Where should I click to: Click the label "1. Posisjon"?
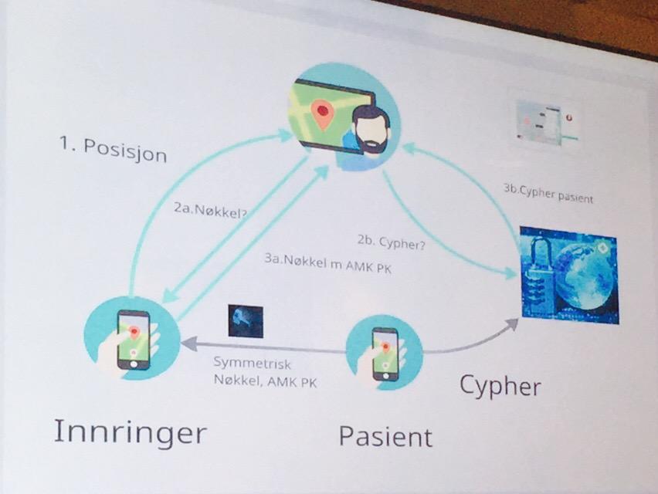114,149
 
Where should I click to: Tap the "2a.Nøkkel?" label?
210,211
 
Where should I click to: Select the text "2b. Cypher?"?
391,242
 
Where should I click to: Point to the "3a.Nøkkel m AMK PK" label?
327,263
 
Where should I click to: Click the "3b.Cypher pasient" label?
548,194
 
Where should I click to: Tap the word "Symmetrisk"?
252,363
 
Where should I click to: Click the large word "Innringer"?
131,432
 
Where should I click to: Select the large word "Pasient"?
385,436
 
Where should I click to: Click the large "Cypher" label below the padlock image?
500,386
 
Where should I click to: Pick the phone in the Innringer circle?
134,340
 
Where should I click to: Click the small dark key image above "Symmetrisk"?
246,321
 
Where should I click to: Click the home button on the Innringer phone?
134,364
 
